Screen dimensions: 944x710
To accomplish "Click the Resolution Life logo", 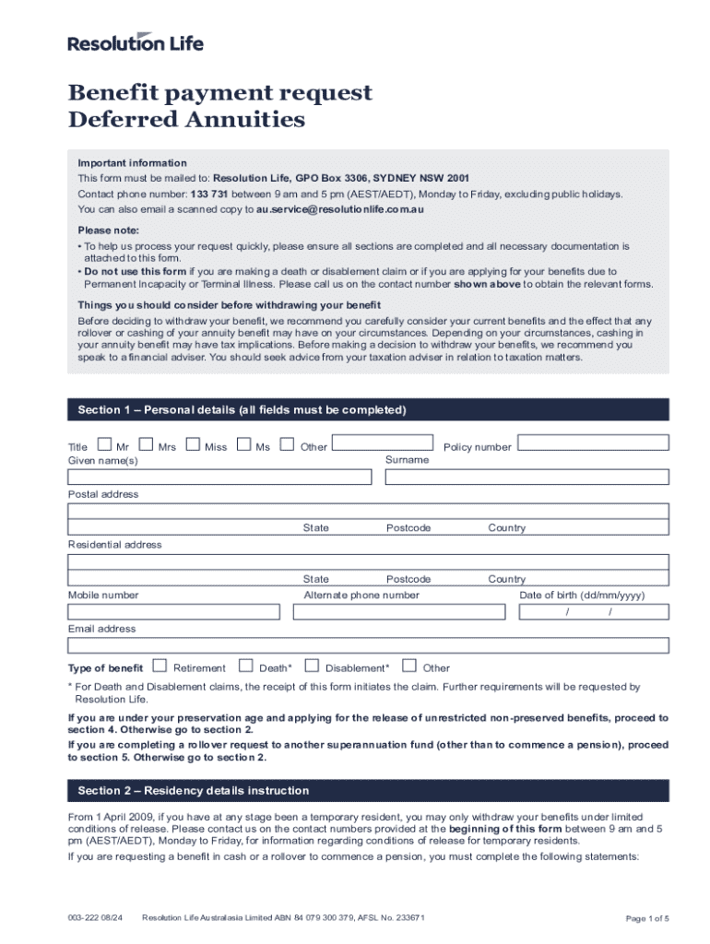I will coord(136,41).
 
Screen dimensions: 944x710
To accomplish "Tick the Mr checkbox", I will coord(104,445).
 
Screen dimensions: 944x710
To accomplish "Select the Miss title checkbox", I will coord(193,445).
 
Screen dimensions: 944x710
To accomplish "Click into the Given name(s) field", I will coord(219,477).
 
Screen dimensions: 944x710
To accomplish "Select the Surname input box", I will coord(527,477).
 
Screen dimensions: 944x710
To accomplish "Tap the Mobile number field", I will coord(173,612).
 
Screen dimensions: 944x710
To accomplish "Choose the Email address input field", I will coord(368,645).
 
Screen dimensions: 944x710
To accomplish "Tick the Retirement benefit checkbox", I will coord(160,666).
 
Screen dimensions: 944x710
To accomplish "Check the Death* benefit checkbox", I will coord(245,666).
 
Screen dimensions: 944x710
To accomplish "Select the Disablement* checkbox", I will coord(312,666).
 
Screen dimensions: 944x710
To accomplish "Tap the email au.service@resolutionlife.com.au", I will coord(340,209).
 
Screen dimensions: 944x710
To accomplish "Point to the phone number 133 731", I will coord(209,194).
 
